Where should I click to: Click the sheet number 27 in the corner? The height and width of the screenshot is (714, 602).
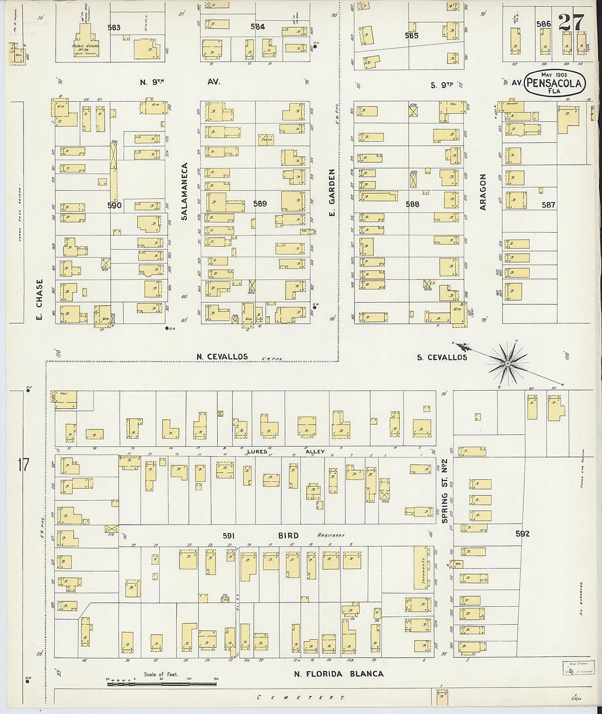[571, 23]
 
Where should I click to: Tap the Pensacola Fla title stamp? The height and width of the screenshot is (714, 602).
[554, 84]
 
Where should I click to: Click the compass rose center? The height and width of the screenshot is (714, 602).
[508, 363]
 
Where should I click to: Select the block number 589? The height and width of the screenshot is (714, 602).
[259, 204]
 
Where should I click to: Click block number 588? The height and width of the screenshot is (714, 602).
[412, 204]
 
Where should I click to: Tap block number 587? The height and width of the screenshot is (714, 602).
[548, 205]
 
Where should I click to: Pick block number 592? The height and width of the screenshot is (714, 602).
[522, 533]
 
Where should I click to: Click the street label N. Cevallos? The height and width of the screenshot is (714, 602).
[222, 357]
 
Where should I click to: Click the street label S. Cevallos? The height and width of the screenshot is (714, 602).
[442, 357]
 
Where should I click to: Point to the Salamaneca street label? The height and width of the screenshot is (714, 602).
[184, 191]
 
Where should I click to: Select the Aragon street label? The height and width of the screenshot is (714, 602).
[483, 192]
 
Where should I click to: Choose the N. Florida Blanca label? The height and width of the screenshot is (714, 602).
[338, 674]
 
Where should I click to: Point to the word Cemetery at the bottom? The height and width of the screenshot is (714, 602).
[302, 698]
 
